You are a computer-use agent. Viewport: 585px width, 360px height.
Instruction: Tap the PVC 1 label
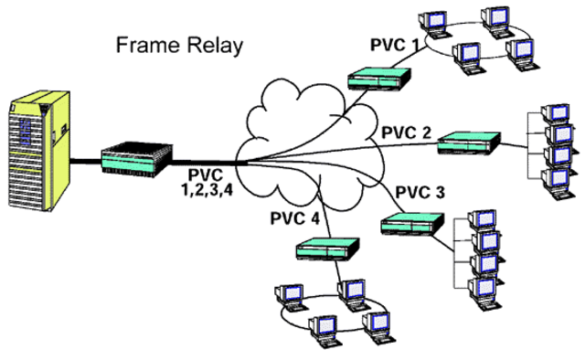pyautogui.click(x=396, y=45)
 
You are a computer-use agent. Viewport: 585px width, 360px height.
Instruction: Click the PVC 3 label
pyautogui.click(x=420, y=194)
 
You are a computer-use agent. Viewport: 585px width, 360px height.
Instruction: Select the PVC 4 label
pyautogui.click(x=295, y=218)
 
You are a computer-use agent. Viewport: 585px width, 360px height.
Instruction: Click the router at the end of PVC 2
pyautogui.click(x=469, y=142)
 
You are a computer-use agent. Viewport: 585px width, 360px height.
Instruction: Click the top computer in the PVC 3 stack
pyautogui.click(x=481, y=220)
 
